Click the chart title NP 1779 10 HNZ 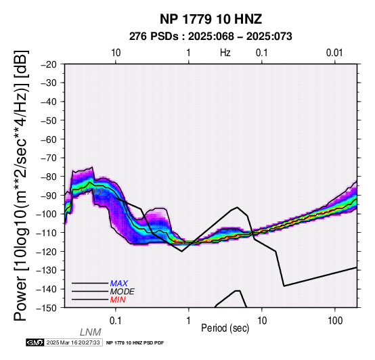[211, 19]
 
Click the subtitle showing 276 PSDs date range [211, 37]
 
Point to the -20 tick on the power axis [49, 64]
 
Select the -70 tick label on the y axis [49, 158]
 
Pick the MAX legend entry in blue [119, 284]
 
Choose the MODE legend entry [123, 292]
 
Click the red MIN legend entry [118, 300]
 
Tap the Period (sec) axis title [225, 328]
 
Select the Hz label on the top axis [225, 53]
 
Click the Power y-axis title [21, 185]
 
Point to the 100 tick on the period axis [335, 321]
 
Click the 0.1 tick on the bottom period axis [116, 321]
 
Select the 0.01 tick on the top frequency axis [334, 53]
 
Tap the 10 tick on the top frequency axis [116, 53]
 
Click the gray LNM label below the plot [91, 332]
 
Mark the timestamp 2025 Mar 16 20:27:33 [73, 342]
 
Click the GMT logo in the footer [35, 342]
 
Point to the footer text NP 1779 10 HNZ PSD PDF [135, 343]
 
